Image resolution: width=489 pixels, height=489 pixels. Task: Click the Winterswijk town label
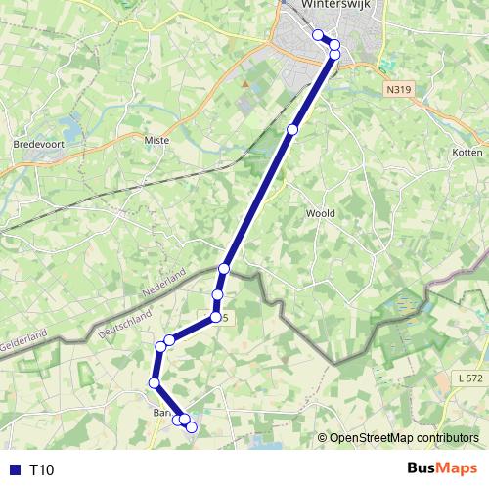tap(339, 5)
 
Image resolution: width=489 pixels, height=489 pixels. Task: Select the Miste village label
tap(156, 141)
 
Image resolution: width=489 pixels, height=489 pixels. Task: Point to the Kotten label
tap(468, 153)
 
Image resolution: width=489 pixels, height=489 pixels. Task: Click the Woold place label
tap(321, 213)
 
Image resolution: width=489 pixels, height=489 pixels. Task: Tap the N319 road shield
tap(396, 90)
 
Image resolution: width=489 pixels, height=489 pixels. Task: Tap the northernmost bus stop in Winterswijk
tap(318, 35)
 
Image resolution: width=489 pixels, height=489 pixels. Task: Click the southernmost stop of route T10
tap(192, 426)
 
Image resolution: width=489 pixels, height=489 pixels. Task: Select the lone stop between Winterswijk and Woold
tap(292, 129)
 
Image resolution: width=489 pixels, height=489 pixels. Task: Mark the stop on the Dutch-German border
tap(224, 268)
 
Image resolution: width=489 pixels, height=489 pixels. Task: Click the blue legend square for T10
tap(14, 470)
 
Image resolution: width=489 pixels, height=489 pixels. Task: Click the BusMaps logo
tap(443, 469)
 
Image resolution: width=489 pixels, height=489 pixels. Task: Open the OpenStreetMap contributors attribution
tap(403, 439)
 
